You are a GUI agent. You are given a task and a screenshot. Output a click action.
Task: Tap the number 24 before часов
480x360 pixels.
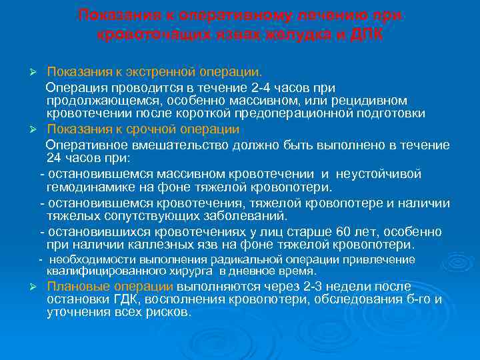pyautogui.click(x=54, y=158)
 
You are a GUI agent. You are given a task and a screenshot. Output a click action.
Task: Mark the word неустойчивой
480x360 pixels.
pyautogui.click(x=379, y=174)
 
